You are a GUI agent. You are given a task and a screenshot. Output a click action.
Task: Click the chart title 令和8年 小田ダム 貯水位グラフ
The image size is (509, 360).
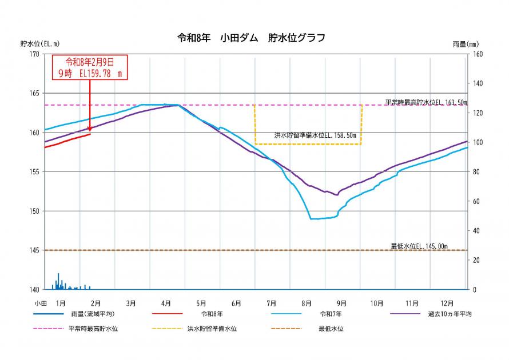252,38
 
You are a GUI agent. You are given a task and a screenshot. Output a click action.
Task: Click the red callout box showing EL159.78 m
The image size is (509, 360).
90,67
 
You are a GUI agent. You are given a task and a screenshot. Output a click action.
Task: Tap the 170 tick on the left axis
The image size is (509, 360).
34,54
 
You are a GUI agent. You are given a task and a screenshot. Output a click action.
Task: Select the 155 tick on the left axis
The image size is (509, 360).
34,171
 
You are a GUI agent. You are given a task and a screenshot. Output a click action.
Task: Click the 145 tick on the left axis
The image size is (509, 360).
34,250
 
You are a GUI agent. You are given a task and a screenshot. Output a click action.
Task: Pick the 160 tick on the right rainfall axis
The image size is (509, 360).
478,54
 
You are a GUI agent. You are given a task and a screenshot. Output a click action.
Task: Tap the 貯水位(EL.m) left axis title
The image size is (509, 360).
39,43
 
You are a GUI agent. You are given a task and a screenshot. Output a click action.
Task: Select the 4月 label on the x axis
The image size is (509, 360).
166,303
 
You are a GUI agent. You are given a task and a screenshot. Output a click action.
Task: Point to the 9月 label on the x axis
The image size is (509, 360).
341,303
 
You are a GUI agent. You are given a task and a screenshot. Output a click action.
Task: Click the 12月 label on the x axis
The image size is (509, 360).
448,303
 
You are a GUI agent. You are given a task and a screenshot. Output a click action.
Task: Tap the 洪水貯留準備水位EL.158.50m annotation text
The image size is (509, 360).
315,135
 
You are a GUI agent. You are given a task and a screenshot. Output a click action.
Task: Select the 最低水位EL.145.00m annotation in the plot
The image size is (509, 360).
419,246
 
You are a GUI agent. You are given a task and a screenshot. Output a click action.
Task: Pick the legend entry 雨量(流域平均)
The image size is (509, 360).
92,314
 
